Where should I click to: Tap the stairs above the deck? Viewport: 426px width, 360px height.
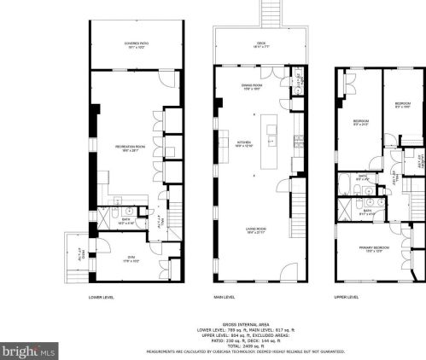pos(271,12)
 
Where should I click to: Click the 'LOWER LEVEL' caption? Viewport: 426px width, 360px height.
pos(102,297)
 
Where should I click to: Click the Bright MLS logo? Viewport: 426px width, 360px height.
pos(29,350)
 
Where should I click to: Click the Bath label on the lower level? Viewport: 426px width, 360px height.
pos(125,219)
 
